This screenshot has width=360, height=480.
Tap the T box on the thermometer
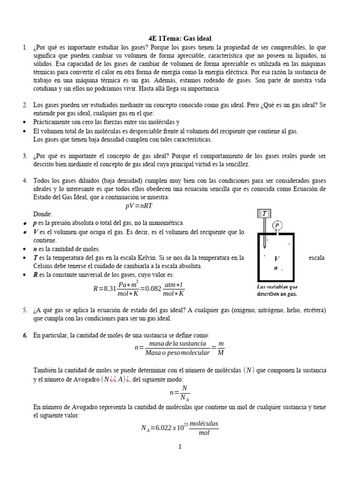pyautogui.click(x=264, y=214)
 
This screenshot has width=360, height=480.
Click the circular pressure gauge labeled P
pyautogui.click(x=277, y=225)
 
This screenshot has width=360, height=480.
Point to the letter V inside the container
pyautogui.click(x=277, y=258)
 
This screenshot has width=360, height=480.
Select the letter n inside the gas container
pyautogui.click(x=276, y=269)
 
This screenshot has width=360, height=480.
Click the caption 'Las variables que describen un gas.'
pyautogui.click(x=277, y=290)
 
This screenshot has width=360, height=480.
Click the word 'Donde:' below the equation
pyautogui.click(x=43, y=214)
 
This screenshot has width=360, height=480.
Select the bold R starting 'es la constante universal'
pyautogui.click(x=36, y=274)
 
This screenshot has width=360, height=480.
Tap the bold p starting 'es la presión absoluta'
pyautogui.click(x=36, y=223)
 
